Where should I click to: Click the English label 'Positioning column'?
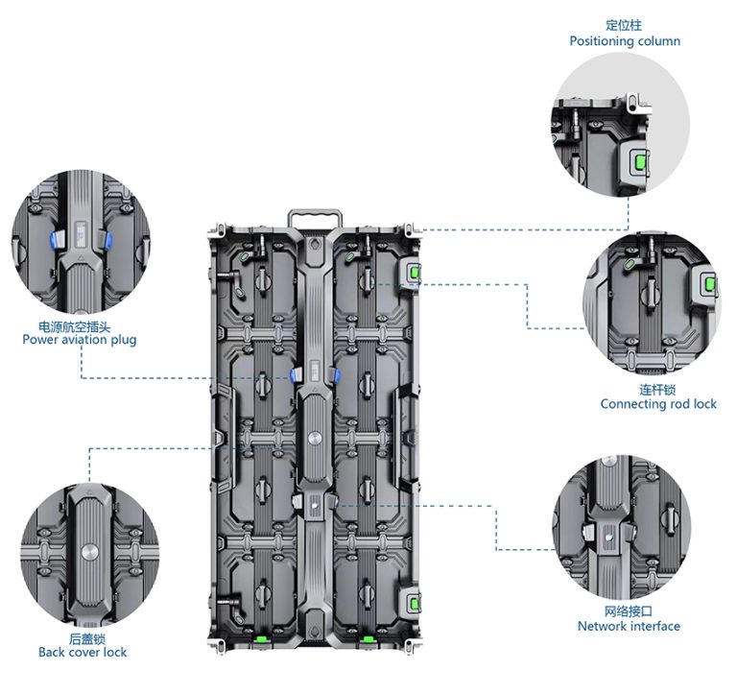coord(625,41)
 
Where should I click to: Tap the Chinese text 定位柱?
coord(625,26)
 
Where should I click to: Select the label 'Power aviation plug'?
coord(80,340)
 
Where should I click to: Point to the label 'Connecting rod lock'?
coord(658,404)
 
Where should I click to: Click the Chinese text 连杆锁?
coord(658,390)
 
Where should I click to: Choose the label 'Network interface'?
coord(629,626)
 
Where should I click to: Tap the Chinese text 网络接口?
coord(629,611)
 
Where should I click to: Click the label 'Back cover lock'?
coord(83,653)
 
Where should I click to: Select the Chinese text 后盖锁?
coord(83,638)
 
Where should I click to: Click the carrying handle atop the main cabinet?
coord(314,216)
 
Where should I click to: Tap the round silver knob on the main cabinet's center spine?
coord(314,433)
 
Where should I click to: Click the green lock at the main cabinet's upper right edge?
coord(414,274)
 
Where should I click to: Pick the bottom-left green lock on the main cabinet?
coord(259,637)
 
